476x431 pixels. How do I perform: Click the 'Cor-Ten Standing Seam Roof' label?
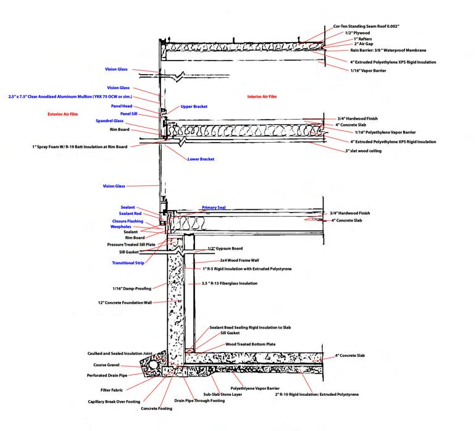(x=367, y=27)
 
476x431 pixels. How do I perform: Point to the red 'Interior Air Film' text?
(x=264, y=97)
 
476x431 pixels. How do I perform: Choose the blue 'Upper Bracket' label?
(x=194, y=107)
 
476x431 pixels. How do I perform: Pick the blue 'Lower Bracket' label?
(x=201, y=159)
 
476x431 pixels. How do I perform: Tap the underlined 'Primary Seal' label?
(x=214, y=208)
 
